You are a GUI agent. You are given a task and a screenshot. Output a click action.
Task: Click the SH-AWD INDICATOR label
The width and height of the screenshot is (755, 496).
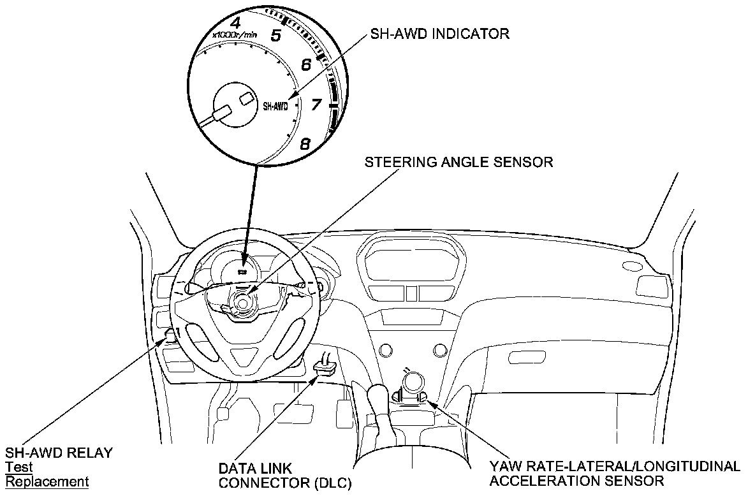tap(439, 34)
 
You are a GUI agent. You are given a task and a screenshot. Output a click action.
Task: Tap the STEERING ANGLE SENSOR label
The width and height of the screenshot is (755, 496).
tap(458, 162)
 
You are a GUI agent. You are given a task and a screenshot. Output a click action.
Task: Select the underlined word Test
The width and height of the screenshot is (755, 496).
tap(18, 467)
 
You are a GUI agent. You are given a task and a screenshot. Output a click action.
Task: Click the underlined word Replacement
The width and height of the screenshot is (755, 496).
tap(47, 481)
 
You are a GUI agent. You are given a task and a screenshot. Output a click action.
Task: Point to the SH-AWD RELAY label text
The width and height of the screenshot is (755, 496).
tap(59, 453)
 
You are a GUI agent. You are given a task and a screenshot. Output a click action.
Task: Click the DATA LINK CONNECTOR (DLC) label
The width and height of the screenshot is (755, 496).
tap(285, 474)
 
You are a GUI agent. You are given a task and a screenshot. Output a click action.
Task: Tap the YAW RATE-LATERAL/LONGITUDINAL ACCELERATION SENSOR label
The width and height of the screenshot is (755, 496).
tap(615, 473)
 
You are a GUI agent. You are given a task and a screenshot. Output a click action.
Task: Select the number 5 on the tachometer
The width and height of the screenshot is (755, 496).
tap(276, 36)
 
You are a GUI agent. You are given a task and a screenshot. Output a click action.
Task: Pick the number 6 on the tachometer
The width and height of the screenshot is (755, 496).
tap(305, 64)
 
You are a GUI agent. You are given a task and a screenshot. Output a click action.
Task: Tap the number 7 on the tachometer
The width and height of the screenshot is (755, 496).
tap(316, 105)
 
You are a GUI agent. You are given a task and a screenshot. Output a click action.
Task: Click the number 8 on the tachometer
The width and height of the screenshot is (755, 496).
tap(305, 143)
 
